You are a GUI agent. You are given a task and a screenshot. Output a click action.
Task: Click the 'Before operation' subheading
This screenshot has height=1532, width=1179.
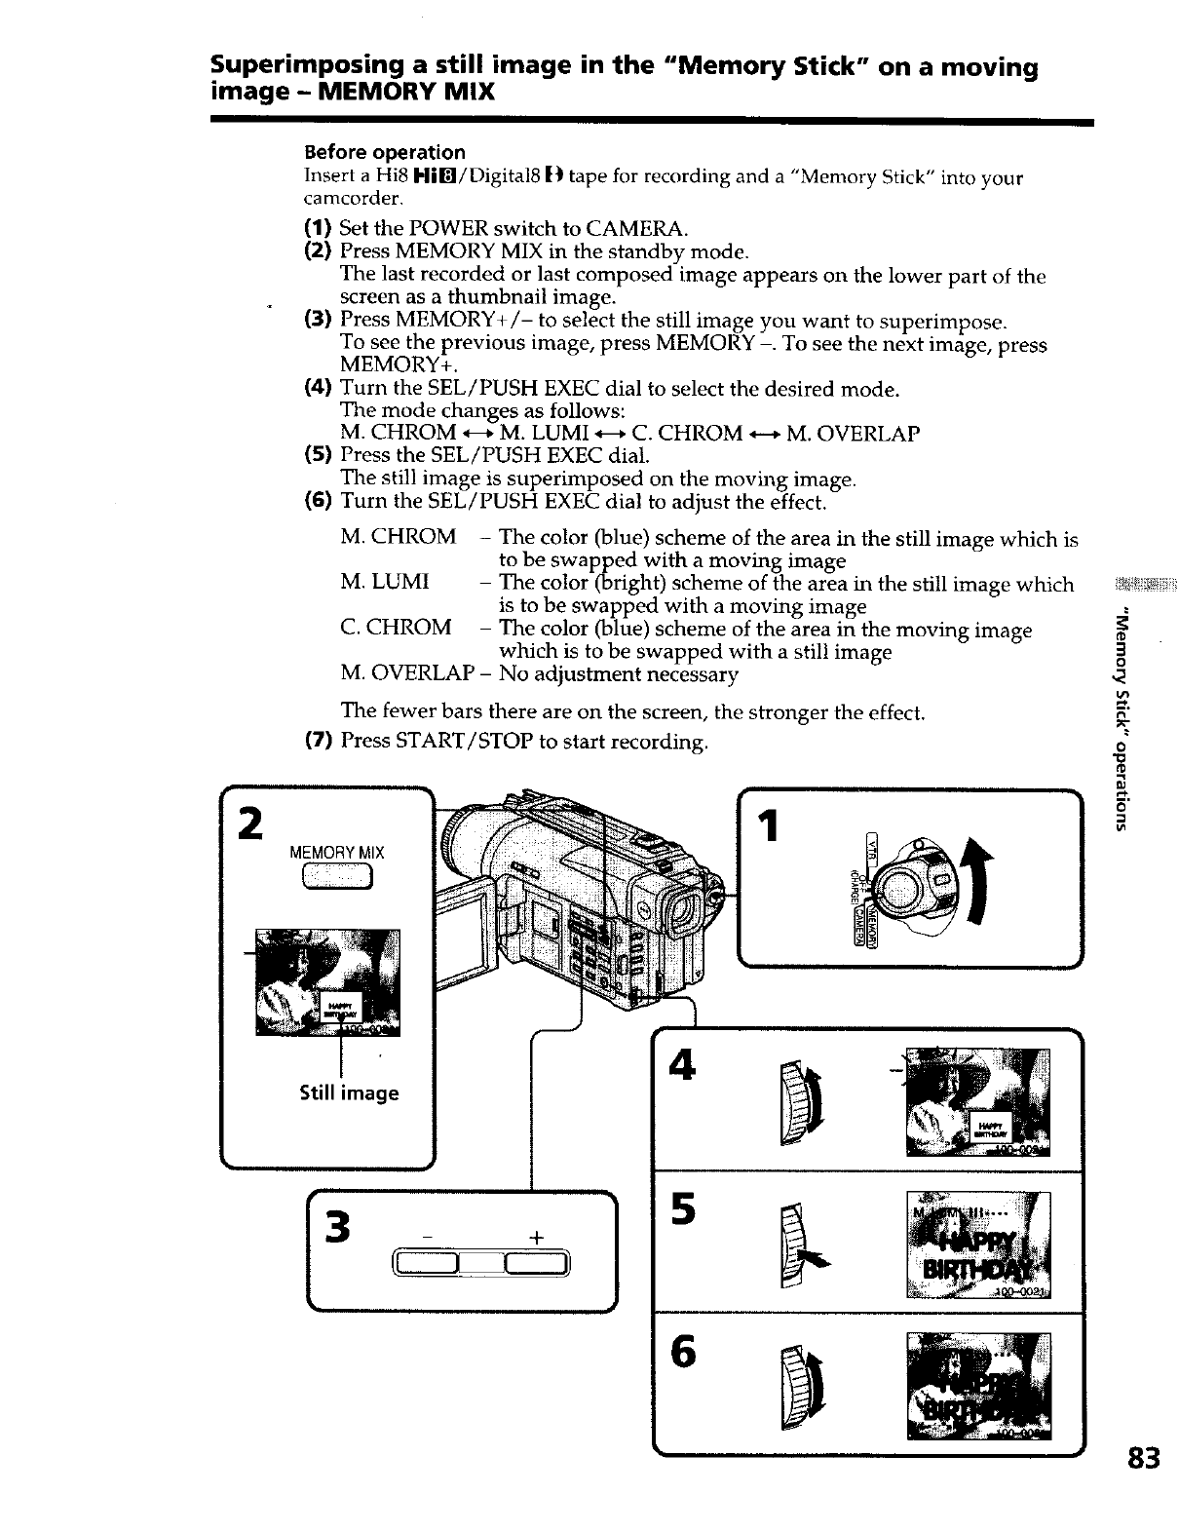point(385,152)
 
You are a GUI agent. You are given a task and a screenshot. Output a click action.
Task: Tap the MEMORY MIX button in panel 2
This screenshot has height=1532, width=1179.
point(337,879)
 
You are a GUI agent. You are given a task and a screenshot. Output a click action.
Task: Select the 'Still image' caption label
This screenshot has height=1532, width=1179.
point(349,1093)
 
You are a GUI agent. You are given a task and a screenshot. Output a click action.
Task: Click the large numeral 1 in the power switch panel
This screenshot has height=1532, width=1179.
point(769,826)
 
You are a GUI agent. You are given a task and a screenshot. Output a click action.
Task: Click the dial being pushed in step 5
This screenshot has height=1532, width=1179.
point(794,1245)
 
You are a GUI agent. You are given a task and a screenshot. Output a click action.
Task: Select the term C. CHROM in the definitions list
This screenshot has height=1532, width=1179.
point(396,628)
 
